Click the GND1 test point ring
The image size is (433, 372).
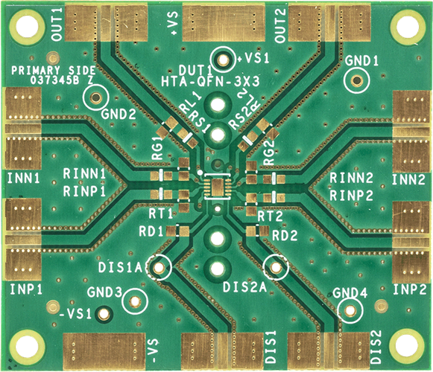click(357, 80)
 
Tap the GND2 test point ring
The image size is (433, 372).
click(95, 97)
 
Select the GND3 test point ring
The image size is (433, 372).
click(135, 301)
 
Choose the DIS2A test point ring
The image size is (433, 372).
click(275, 266)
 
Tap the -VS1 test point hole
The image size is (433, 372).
click(104, 313)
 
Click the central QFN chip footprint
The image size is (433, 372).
click(217, 185)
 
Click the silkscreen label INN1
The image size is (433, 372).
click(23, 179)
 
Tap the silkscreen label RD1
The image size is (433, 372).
click(151, 232)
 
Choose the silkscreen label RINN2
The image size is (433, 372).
click(352, 178)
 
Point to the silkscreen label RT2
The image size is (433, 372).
click(271, 216)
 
